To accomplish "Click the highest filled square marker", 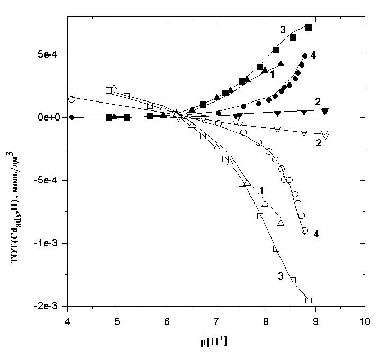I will [x=309, y=27].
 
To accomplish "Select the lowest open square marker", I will [x=309, y=300].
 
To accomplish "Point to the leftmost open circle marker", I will [x=72, y=99].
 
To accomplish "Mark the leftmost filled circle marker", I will [x=72, y=117].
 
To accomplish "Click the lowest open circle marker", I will [x=304, y=230].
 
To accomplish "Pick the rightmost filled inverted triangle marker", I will [x=325, y=110].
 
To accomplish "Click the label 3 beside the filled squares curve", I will [x=283, y=30].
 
